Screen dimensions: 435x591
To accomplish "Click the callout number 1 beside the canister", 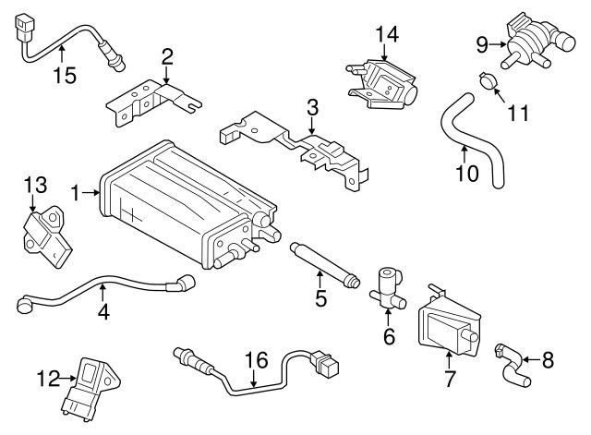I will [76, 193].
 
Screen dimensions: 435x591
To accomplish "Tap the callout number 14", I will [386, 35].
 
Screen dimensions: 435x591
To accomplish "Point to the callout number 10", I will [467, 173].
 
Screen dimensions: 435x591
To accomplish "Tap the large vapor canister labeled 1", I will [180, 203].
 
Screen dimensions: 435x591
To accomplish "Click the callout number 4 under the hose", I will [103, 312].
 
